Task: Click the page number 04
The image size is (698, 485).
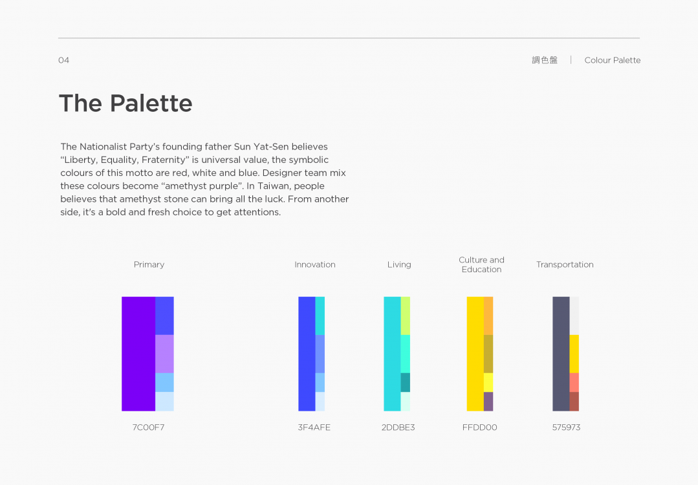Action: click(x=63, y=60)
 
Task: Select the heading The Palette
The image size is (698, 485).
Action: click(x=125, y=103)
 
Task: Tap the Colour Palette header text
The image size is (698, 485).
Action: click(x=613, y=60)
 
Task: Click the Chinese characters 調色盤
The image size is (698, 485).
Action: click(x=545, y=60)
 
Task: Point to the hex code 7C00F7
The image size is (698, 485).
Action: click(x=148, y=427)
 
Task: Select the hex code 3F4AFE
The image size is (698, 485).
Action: click(x=314, y=427)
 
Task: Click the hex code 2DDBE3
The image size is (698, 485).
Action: click(x=398, y=427)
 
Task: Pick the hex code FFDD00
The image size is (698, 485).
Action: click(x=480, y=427)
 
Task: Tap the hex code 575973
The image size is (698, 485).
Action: click(x=566, y=427)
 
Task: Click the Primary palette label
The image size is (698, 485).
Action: click(x=149, y=264)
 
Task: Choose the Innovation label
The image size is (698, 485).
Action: click(x=315, y=264)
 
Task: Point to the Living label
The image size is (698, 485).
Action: click(x=399, y=264)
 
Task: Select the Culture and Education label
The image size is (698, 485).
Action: click(x=482, y=264)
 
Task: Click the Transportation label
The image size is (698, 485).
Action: click(x=565, y=264)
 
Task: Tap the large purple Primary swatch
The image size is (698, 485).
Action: click(x=138, y=354)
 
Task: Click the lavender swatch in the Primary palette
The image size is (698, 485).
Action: click(x=165, y=354)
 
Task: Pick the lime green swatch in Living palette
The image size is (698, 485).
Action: click(x=406, y=316)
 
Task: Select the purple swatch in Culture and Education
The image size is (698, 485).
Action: click(x=488, y=402)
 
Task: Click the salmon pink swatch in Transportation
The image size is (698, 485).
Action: click(x=574, y=382)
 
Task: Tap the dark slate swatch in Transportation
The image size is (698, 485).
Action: click(x=561, y=354)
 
